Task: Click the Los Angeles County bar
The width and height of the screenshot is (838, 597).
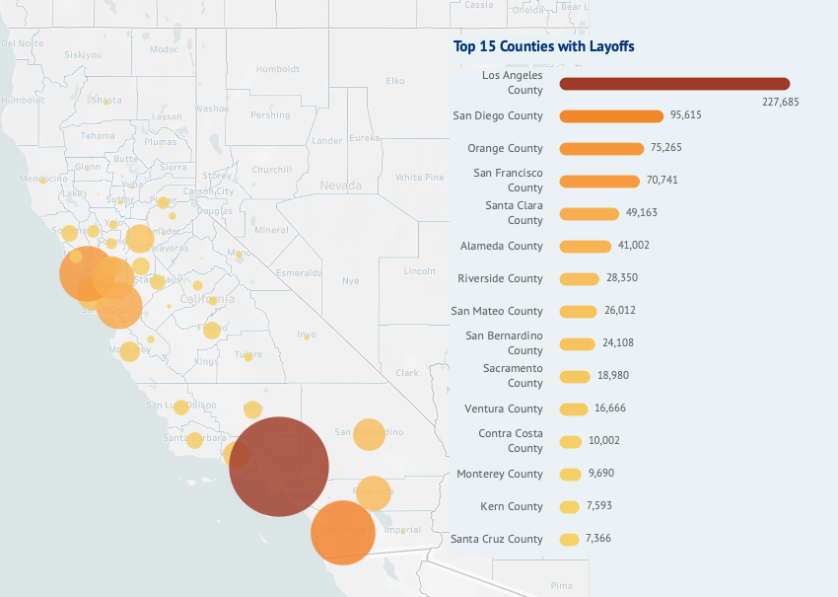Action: click(x=674, y=84)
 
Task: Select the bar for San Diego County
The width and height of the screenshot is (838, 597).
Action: click(x=611, y=116)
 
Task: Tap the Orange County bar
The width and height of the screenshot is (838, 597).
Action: click(x=601, y=149)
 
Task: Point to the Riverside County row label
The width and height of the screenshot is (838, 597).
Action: click(x=500, y=278)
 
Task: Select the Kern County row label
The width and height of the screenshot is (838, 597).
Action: click(x=511, y=506)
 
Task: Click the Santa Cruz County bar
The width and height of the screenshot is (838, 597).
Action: click(x=569, y=540)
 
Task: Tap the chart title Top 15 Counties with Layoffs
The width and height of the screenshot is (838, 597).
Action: click(x=543, y=46)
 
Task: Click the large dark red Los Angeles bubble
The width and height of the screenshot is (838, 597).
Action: click(x=279, y=466)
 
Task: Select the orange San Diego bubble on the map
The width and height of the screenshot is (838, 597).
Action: click(x=343, y=532)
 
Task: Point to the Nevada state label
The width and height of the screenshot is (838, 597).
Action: click(x=341, y=186)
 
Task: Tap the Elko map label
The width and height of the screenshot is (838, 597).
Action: click(x=395, y=81)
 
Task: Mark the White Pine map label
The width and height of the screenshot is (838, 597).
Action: click(x=420, y=178)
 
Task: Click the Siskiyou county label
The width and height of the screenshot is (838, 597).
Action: click(x=82, y=55)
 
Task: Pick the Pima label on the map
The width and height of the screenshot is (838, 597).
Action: click(x=563, y=585)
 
